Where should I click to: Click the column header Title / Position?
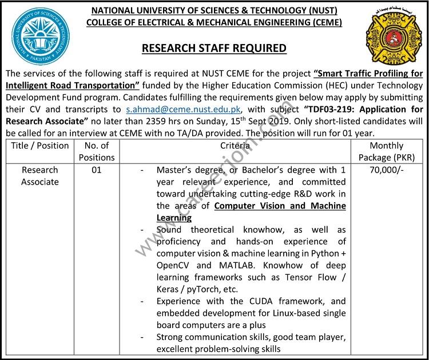coord(40,145)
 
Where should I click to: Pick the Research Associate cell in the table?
coord(40,176)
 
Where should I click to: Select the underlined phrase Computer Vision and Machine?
coord(280,206)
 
